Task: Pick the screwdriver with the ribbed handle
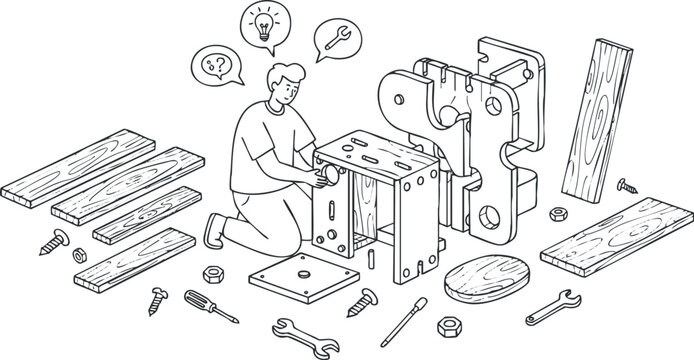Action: pos(210,306)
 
